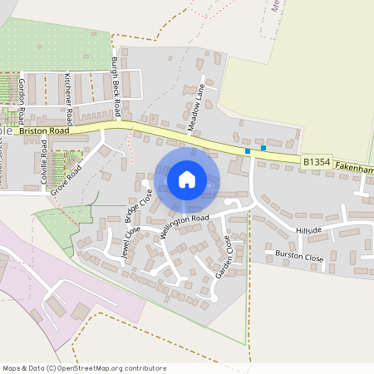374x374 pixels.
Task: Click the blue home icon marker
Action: click(187, 180)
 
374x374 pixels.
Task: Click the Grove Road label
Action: click(66, 180)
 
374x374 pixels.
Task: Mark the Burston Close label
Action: click(294, 257)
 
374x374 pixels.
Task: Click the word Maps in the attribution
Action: click(12, 368)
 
